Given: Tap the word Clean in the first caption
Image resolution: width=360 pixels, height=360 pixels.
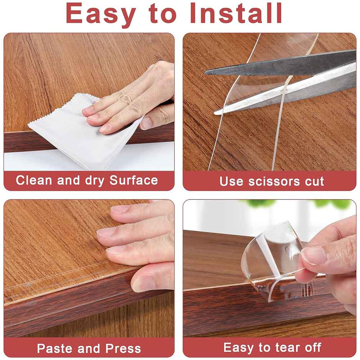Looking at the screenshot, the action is click(x=34, y=180).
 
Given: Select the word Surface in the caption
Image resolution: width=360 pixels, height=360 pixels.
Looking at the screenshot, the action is click(x=134, y=180).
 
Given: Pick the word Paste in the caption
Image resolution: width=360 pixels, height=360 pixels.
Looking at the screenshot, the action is click(x=54, y=348).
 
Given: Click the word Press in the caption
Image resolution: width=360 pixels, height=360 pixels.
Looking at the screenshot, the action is click(x=123, y=348).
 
